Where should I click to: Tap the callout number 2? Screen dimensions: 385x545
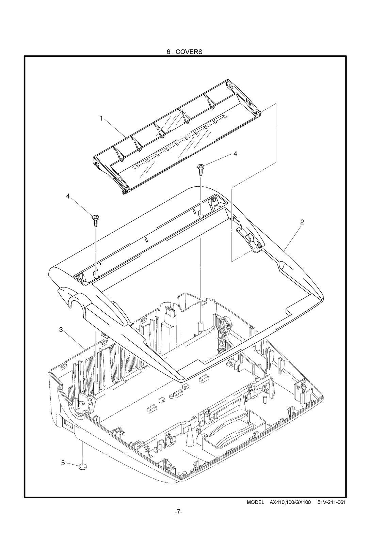302,222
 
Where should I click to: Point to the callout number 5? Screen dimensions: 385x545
63,463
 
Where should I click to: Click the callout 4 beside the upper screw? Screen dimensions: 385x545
235,154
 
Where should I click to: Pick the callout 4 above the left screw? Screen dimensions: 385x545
68,196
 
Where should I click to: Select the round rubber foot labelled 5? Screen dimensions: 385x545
83,467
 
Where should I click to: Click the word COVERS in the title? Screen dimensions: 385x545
189,52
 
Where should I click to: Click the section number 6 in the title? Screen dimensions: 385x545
168,52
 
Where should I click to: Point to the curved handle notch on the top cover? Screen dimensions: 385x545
73,296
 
